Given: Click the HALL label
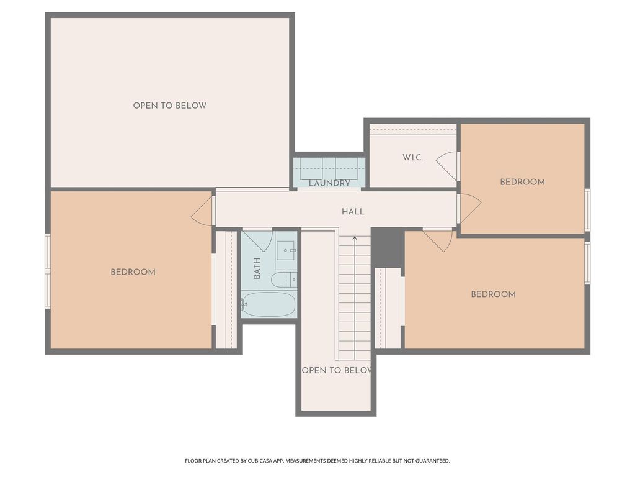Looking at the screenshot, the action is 353,211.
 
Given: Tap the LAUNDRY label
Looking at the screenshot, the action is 329,183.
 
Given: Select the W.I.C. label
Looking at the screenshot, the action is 412,157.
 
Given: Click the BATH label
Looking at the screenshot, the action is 257,268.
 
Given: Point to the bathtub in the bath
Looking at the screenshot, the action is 269,304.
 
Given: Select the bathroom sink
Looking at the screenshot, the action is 286,251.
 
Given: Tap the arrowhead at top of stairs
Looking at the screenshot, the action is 355,238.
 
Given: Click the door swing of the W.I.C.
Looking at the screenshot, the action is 446,166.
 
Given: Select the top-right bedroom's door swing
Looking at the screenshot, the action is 470,208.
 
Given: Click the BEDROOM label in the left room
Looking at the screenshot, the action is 133,272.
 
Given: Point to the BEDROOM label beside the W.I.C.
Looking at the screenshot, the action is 522,182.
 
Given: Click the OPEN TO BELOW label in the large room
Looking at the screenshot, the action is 170,106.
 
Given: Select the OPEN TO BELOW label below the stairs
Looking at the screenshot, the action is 337,370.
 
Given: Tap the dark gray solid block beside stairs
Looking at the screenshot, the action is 388,247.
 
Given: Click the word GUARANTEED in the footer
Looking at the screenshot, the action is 433,461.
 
